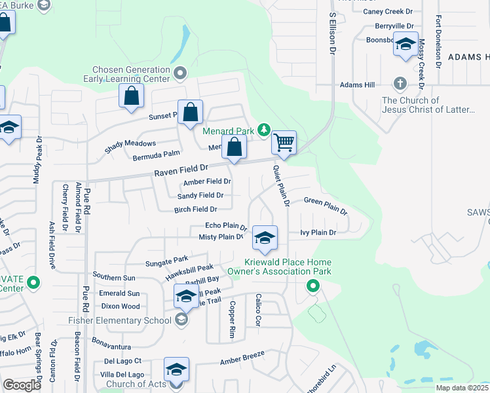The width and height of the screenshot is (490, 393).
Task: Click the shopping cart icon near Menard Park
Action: point(284,142)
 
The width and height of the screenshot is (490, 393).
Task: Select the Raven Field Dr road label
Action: point(181,172)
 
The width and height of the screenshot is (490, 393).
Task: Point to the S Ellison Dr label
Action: point(332,32)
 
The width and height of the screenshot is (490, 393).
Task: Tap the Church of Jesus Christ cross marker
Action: point(400,84)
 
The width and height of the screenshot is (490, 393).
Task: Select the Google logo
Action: point(22,385)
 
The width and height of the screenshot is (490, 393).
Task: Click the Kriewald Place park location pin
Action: point(313,286)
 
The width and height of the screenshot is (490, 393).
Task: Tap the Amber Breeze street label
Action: point(242,357)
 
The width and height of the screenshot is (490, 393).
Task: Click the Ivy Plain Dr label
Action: point(318,233)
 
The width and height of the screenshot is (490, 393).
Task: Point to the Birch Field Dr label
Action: point(195,210)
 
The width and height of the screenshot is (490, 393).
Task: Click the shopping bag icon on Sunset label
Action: point(190,111)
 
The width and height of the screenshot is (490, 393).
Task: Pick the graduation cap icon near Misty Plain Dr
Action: point(265,238)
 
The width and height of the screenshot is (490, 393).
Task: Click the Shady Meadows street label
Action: point(130,147)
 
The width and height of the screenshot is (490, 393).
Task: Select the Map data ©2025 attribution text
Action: point(462,388)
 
